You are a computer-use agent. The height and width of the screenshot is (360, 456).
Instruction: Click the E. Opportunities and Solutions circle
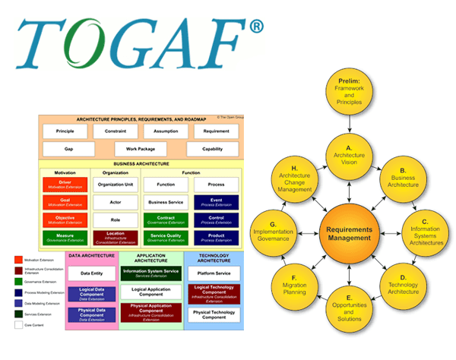[x=348, y=314]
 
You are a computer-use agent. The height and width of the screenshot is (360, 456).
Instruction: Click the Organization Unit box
[x=115, y=185]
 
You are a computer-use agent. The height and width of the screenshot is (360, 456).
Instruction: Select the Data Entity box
[x=92, y=273]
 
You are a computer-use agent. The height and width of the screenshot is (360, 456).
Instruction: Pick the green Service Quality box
[x=166, y=238]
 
